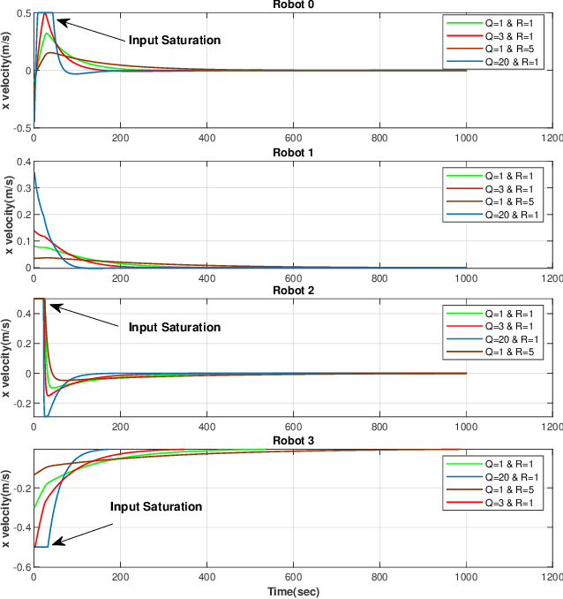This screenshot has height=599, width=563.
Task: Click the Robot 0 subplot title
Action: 291,4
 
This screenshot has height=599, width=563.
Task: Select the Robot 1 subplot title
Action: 291,152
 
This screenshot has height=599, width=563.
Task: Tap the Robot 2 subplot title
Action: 291,290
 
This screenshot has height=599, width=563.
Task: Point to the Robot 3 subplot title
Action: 291,439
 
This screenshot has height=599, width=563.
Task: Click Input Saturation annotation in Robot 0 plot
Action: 174,40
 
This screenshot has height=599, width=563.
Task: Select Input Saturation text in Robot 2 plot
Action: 174,327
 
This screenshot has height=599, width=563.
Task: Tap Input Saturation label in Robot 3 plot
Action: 156,506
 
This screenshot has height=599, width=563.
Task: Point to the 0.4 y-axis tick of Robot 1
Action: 20,162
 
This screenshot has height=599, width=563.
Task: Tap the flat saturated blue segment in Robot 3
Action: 41,547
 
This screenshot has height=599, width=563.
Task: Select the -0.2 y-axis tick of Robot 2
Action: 19,403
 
